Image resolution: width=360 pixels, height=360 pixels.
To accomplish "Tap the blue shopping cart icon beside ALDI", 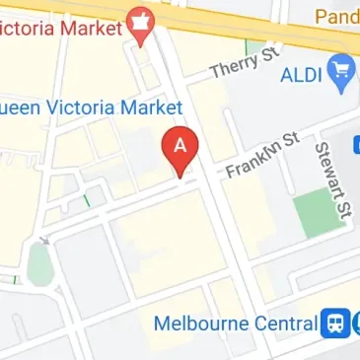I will [x=344, y=71].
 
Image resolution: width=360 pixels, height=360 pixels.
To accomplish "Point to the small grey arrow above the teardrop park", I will [x=41, y=239].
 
